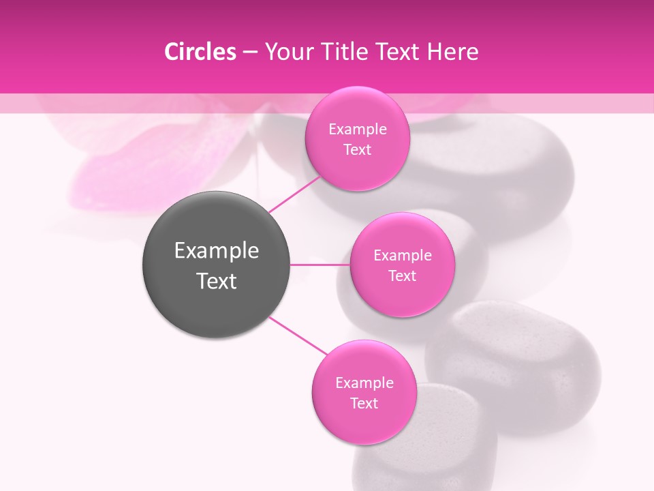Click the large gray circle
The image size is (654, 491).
(x=217, y=300)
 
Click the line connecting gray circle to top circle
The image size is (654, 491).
(x=294, y=194)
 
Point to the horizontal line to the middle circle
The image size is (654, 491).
(x=320, y=265)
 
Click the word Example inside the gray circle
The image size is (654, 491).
(x=217, y=251)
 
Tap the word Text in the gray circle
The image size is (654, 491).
(x=217, y=281)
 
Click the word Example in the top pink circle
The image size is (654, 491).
(x=358, y=130)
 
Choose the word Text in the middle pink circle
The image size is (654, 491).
(x=402, y=276)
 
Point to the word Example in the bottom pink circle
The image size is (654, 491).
(x=364, y=383)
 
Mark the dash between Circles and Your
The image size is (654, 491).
(x=250, y=53)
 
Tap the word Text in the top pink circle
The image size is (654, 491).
(x=357, y=150)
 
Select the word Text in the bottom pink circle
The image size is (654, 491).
(x=364, y=404)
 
